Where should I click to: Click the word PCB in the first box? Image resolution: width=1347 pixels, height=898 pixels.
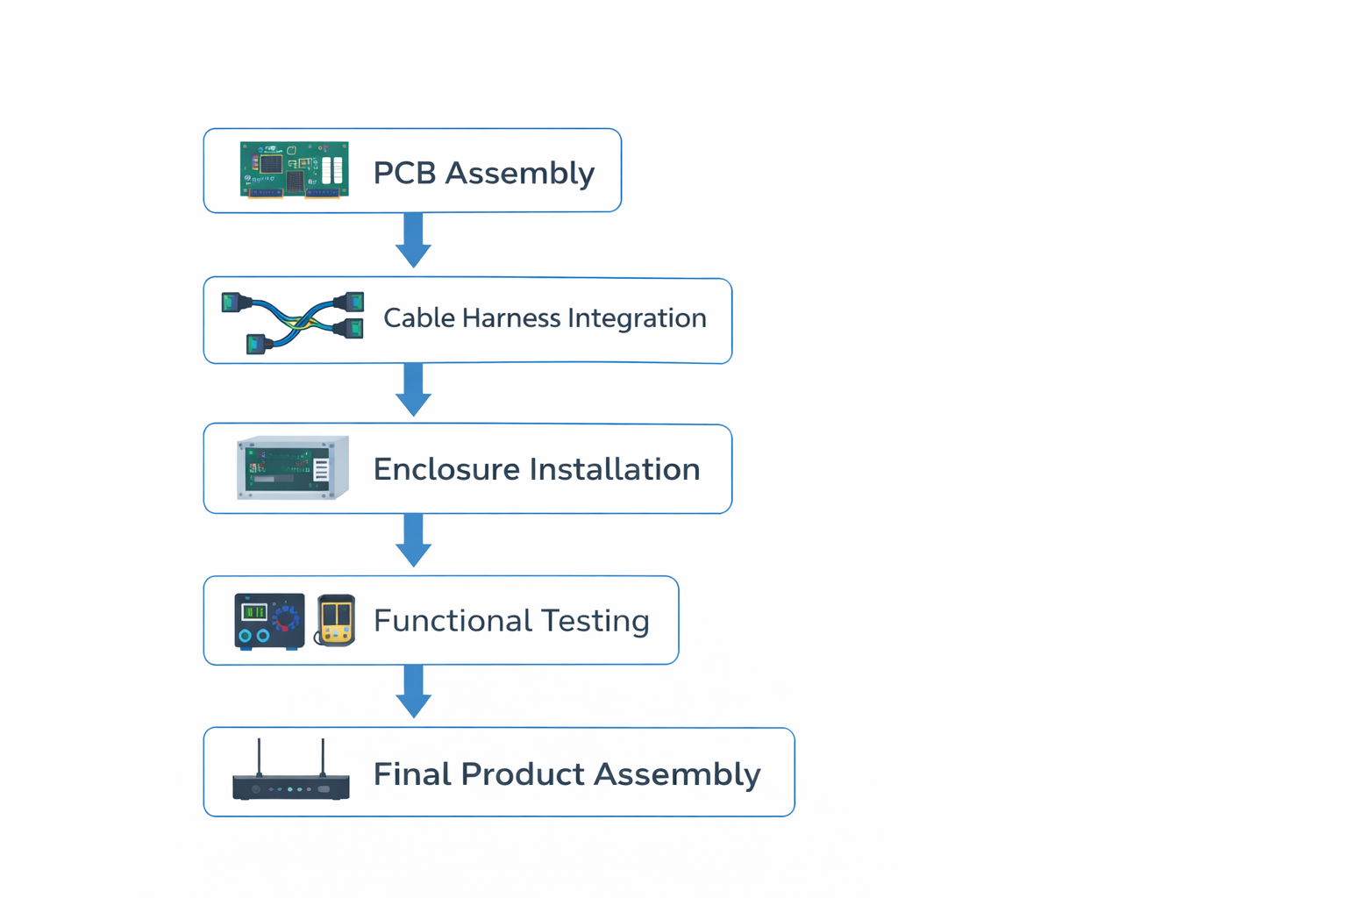404,173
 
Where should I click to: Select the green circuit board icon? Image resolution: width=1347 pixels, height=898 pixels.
294,170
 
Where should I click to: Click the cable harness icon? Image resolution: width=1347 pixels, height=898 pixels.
293,322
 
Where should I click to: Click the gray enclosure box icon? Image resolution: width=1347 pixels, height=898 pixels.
292,467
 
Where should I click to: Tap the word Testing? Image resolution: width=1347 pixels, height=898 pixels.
595,621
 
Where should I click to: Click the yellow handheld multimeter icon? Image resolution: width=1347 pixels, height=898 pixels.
336,620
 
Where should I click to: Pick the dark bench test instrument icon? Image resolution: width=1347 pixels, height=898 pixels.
269,621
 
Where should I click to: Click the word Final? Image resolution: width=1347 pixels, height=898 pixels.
411,774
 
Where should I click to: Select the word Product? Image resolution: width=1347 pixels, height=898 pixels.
523,774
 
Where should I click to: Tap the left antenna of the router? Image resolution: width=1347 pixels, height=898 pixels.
259,756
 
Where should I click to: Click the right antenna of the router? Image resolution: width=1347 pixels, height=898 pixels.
323,756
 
